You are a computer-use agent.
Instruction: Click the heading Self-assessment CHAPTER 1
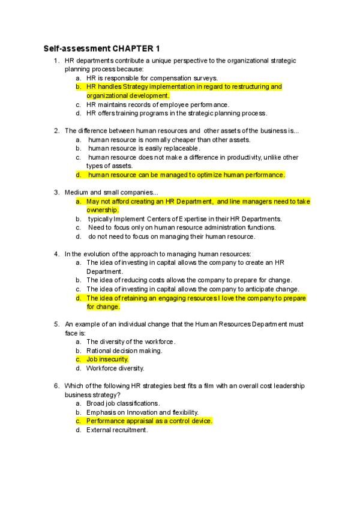101,48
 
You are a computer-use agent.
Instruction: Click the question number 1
56,61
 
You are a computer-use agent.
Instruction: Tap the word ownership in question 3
103,210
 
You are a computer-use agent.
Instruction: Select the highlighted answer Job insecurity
107,360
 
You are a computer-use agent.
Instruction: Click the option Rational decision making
124,351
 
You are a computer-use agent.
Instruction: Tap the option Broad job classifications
123,403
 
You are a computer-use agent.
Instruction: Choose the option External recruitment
116,430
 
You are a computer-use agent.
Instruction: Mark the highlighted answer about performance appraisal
149,421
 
